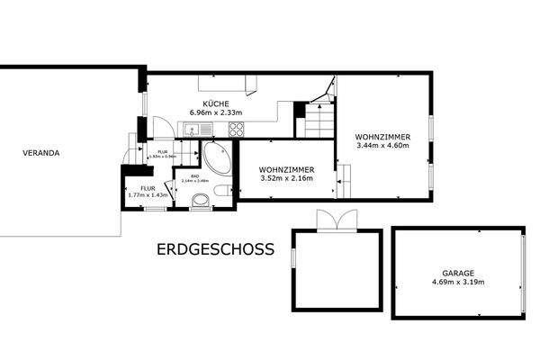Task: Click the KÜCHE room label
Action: (x=214, y=103)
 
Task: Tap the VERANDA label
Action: (x=41, y=153)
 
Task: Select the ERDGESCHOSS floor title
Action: (x=215, y=249)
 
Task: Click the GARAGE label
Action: (x=458, y=273)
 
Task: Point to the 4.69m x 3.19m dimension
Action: (x=458, y=282)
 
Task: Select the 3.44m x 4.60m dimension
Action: (x=382, y=145)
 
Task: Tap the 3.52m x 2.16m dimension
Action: (x=285, y=177)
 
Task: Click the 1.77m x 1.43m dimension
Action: (x=147, y=194)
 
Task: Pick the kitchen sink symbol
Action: (x=193, y=130)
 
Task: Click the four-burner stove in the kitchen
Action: (x=237, y=129)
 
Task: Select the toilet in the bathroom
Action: (x=200, y=200)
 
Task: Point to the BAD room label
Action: (x=194, y=175)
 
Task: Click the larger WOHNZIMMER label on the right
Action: (x=382, y=137)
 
